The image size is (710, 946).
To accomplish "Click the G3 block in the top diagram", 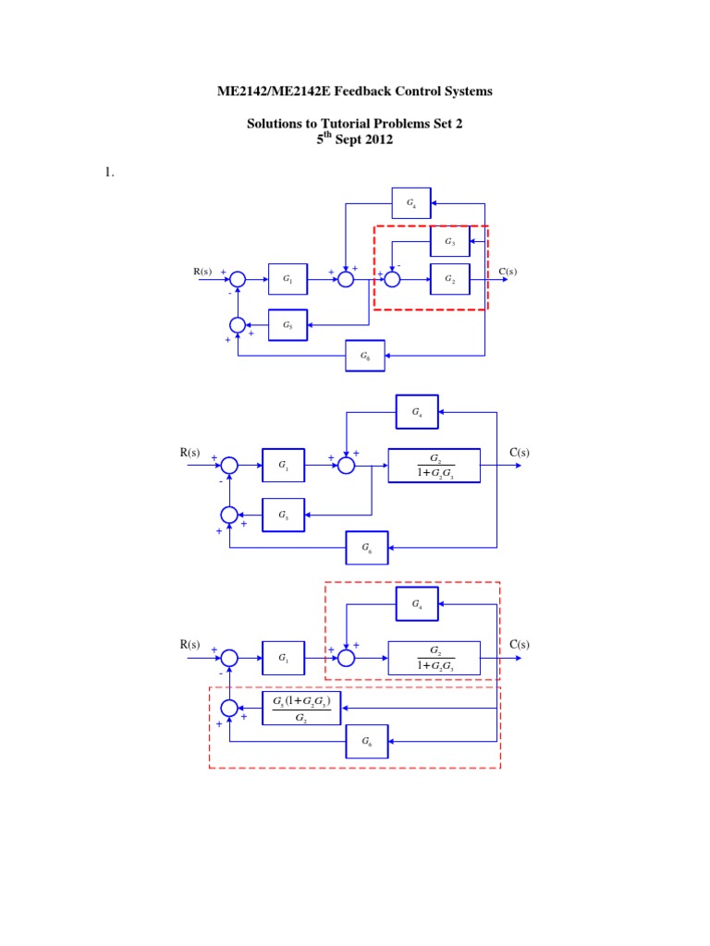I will pos(449,242).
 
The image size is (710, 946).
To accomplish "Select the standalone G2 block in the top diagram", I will pos(449,278).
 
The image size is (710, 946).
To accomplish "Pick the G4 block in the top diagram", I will pos(411,202).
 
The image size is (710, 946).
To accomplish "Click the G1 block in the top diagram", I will pos(288,278).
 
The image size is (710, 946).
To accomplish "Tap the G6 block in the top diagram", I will pos(365,356).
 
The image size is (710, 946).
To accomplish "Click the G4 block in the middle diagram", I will pos(417,411).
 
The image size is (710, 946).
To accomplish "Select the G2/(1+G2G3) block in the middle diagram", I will pos(435,466).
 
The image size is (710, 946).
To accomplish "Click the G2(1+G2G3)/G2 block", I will pos(302,708).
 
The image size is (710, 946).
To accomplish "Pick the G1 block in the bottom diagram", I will pos(283,658).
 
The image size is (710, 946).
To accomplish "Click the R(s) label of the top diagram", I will pos(202,272).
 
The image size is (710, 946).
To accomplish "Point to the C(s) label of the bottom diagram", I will pos(520,644).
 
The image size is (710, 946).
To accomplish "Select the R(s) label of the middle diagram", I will pos(190,453).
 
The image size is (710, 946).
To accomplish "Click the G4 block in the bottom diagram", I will pos(417,604).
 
